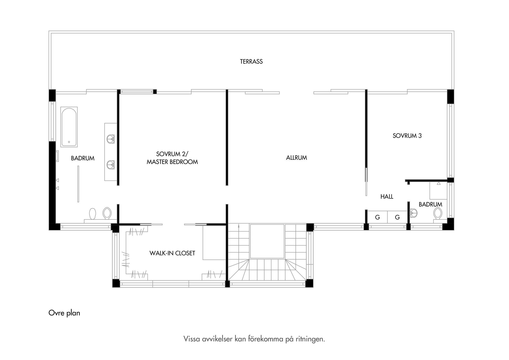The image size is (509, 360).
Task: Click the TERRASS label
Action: tap(251, 62)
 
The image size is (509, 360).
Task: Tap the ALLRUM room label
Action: tap(296, 158)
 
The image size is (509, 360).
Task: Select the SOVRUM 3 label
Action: tap(407, 136)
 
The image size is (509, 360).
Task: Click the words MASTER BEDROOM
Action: tap(172, 162)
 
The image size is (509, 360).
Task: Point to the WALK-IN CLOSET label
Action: tap(172, 253)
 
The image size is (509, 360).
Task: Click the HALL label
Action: tap(387, 197)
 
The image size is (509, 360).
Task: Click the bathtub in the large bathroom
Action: tap(69, 127)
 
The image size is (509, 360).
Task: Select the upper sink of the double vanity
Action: tap(111, 139)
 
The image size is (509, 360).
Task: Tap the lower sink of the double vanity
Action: tap(111, 164)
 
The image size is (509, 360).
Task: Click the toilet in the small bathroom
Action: tap(437, 213)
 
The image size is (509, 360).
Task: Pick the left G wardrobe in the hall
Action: tap(378, 217)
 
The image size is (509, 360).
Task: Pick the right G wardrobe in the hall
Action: tap(397, 217)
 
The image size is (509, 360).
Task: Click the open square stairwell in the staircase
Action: tap(267, 241)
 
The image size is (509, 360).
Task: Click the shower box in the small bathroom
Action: tap(438, 190)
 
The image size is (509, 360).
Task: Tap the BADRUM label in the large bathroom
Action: tap(83, 158)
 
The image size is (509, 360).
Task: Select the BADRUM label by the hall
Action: tap(430, 205)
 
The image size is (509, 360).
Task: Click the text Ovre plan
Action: tap(64, 313)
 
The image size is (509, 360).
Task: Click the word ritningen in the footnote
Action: tap(310, 339)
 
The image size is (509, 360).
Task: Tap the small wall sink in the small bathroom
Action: tap(413, 212)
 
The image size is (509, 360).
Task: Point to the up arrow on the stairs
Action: tap(239, 225)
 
